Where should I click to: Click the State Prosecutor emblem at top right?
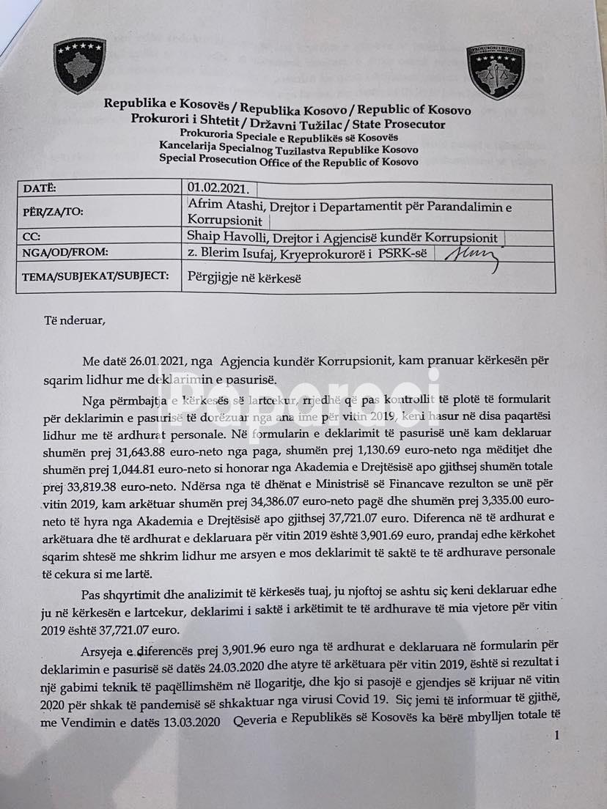[x=495, y=73]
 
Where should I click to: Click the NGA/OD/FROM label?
[x=65, y=252]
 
